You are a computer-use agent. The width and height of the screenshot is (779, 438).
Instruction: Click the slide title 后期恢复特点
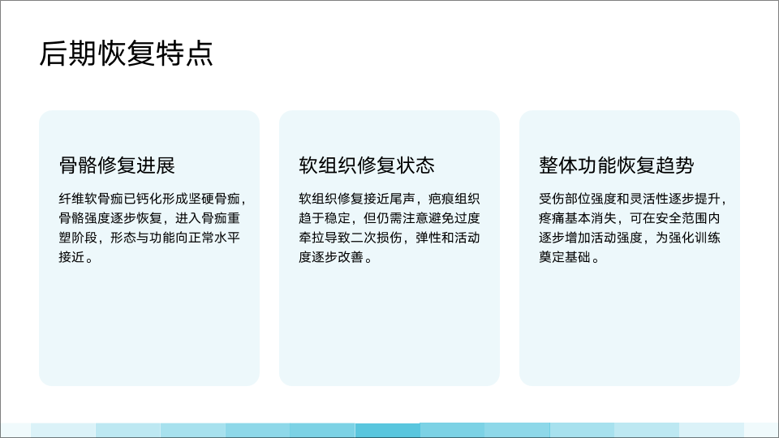coord(127,54)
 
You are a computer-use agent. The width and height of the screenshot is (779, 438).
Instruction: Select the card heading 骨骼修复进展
coord(117,165)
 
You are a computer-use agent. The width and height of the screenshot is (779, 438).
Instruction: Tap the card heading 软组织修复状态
coord(367,165)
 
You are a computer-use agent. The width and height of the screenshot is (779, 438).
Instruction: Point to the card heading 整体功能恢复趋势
coord(617,165)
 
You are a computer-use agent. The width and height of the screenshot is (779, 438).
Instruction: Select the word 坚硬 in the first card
coord(201,199)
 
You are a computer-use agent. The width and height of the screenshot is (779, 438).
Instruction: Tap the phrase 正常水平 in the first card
coord(214,238)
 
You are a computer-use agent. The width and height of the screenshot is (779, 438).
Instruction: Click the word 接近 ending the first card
coord(71,257)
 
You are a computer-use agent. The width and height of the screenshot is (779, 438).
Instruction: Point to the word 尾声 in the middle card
coord(402,199)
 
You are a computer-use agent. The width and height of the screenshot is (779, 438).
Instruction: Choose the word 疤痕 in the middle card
coord(441,199)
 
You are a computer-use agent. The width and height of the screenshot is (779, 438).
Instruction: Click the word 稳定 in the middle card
coord(338,218)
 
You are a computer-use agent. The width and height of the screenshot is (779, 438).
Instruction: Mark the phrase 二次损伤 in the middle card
coord(376,238)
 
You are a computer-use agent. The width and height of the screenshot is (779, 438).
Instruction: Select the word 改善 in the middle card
coord(351,257)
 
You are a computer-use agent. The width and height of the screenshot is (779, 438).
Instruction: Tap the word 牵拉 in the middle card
coord(312,238)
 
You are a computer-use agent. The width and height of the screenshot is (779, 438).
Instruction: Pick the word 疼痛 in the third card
coord(552,218)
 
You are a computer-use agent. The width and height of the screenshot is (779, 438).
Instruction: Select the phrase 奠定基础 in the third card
coord(565,257)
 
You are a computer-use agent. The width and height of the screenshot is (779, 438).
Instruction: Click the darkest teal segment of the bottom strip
coord(388,430)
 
